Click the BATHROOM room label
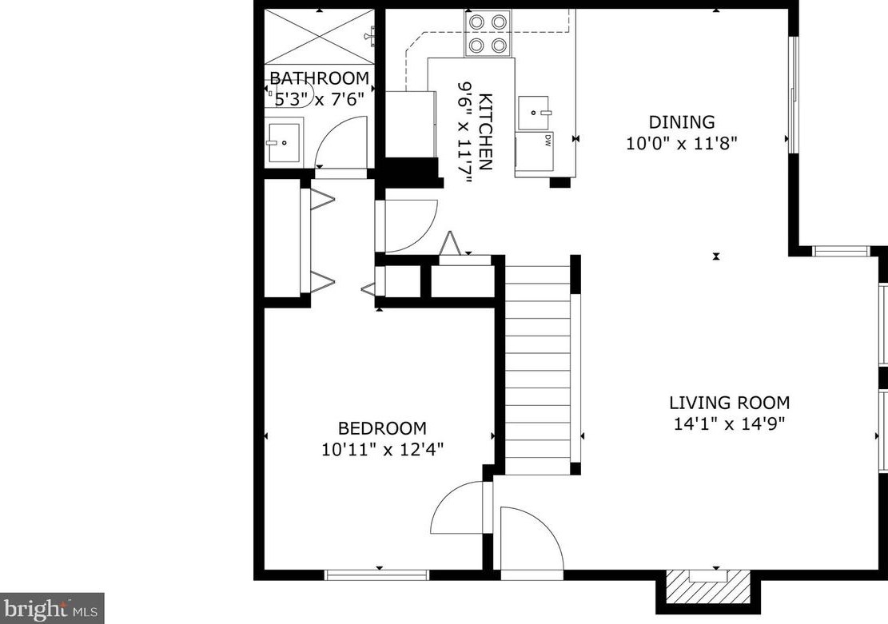pos(320,78)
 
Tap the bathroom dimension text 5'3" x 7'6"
pos(319,100)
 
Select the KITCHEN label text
pos(485,131)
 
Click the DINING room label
pos(681,121)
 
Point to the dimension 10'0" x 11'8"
pos(681,143)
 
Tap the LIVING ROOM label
pos(730,403)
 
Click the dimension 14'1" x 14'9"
pos(730,423)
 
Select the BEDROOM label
pos(382,428)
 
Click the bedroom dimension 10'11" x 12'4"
pos(382,450)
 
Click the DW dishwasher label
pos(548,141)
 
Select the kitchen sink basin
pos(533,113)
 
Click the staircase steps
pos(537,370)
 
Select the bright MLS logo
pos(51,609)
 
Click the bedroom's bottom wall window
pos(377,575)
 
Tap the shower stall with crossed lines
pos(320,36)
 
